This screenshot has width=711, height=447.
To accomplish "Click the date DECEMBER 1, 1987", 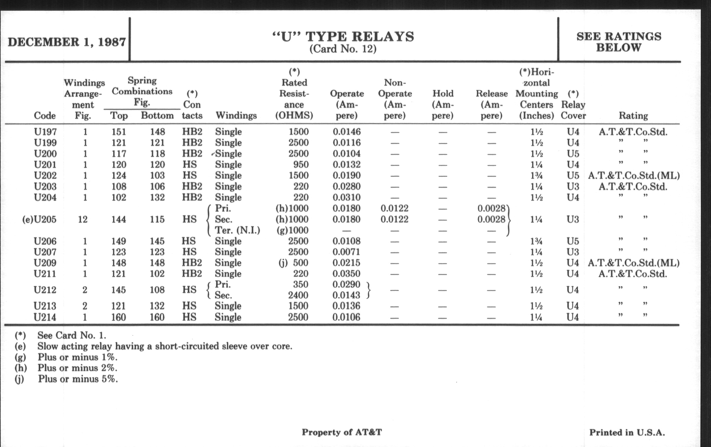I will tap(67, 42).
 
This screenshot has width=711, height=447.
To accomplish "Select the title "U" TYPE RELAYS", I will tap(343, 37).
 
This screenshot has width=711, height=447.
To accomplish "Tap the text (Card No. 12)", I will tap(343, 49).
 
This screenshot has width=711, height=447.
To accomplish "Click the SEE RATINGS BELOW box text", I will tap(619, 42).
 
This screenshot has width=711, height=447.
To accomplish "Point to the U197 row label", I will tap(45, 131).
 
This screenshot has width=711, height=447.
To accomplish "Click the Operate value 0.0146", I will tap(347, 131).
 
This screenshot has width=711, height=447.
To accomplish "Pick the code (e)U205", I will tap(39, 219).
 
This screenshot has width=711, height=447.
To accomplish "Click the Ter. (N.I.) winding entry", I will tap(237, 230).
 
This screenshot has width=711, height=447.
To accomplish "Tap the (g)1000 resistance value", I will tap(292, 230).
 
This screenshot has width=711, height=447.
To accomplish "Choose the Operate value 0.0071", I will tap(346, 252).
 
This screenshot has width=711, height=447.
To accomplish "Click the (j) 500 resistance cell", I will tap(294, 263).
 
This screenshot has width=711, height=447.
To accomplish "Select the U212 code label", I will tap(45, 290).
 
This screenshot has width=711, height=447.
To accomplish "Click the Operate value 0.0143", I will tap(346, 295).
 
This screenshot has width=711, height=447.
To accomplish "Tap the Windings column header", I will tap(236, 115).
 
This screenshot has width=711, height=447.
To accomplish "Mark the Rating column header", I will tap(633, 116).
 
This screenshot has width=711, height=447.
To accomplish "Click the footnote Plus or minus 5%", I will tap(78, 379).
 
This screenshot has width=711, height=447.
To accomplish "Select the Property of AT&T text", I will tap(342, 432).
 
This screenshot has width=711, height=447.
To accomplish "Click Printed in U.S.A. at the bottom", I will tap(627, 433).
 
